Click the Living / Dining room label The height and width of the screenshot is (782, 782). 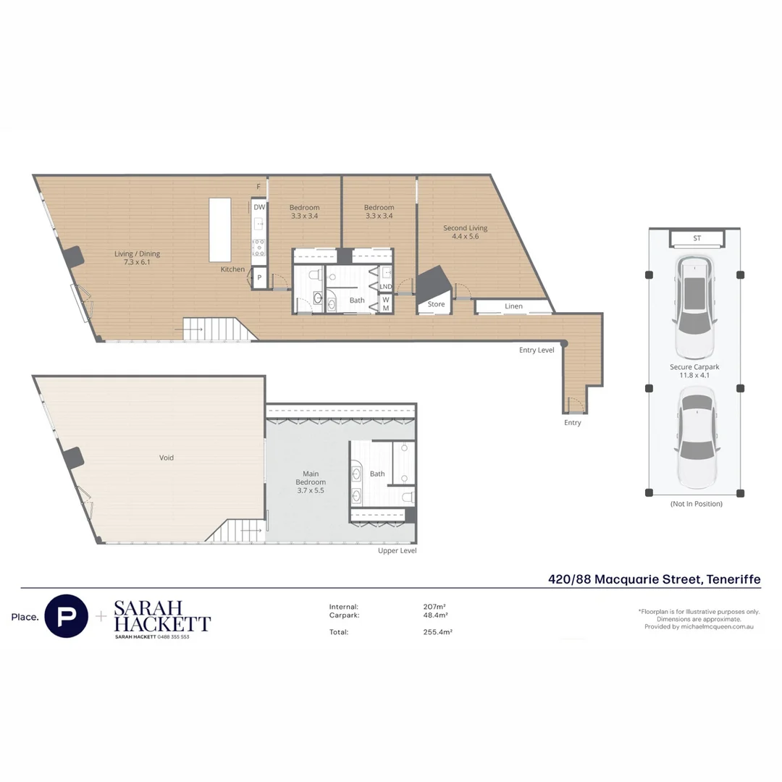(x=137, y=258)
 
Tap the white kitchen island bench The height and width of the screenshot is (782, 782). (x=220, y=230)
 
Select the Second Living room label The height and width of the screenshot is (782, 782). (x=466, y=232)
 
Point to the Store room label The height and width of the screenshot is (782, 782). (x=436, y=304)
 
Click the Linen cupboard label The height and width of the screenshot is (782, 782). (x=513, y=306)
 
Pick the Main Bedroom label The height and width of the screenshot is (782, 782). (x=311, y=482)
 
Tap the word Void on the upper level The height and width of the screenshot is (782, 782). (x=167, y=458)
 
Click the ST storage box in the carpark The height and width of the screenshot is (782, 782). (x=697, y=238)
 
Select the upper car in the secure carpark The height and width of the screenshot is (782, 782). (x=694, y=307)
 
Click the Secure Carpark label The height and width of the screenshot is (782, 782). (x=694, y=371)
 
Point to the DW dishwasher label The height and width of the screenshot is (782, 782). (x=259, y=207)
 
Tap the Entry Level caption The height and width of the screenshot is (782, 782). (x=537, y=350)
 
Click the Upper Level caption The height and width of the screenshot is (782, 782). (x=397, y=550)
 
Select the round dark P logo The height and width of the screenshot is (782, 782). (x=67, y=616)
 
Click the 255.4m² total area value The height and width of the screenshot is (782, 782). (x=437, y=632)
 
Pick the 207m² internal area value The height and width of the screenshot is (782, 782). (x=434, y=607)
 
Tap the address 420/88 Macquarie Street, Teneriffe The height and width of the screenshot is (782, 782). (x=655, y=579)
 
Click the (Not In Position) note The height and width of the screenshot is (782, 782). (x=697, y=504)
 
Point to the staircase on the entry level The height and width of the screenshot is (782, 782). (x=219, y=329)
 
